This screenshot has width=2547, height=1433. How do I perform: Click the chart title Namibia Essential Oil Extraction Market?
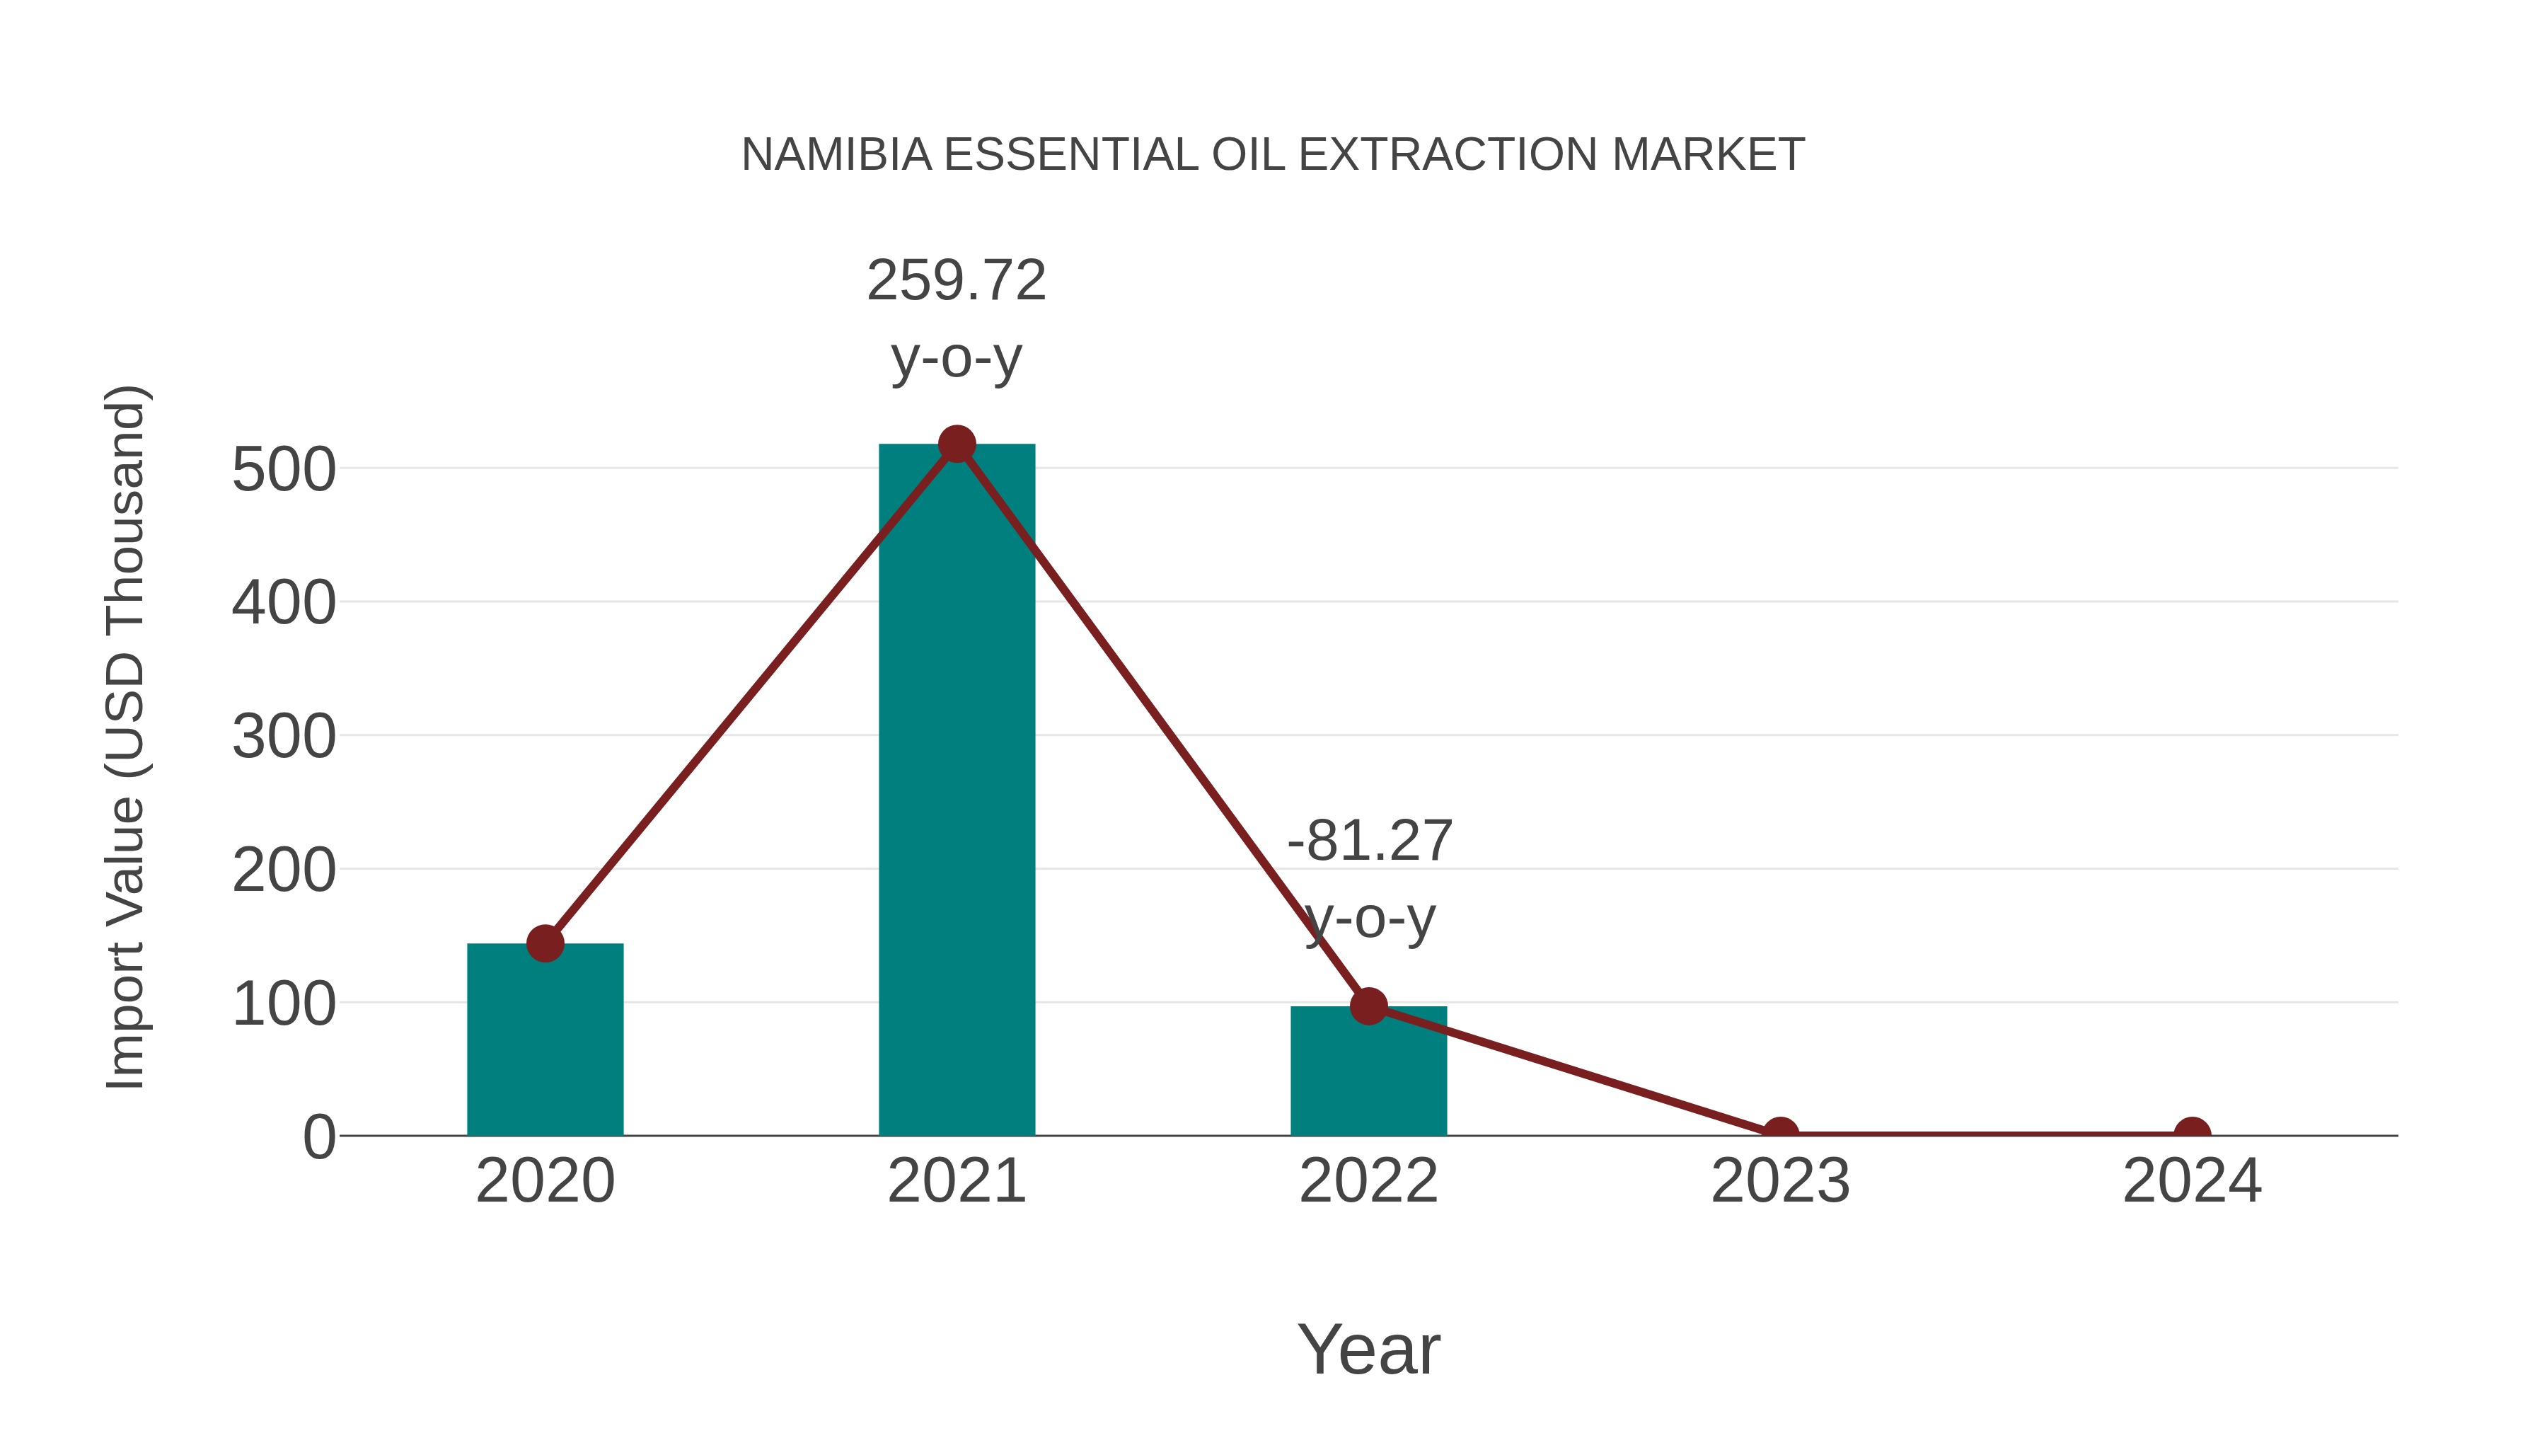coord(1273,155)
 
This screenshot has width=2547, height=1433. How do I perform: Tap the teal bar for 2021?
coord(956,791)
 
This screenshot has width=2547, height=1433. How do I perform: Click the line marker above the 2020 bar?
coord(545,943)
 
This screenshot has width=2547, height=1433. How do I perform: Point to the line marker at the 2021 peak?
coord(956,444)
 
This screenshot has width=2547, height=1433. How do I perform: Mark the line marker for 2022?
coord(1368,1006)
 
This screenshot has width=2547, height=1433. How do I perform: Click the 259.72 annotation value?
coord(956,281)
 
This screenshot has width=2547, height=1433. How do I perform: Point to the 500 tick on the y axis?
coord(284,470)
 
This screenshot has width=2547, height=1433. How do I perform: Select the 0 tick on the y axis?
coord(318,1137)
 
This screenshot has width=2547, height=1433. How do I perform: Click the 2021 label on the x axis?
coord(956,1181)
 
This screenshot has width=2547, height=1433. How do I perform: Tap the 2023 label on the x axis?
coord(1780,1181)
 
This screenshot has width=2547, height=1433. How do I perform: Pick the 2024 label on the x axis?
coord(2192,1181)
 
